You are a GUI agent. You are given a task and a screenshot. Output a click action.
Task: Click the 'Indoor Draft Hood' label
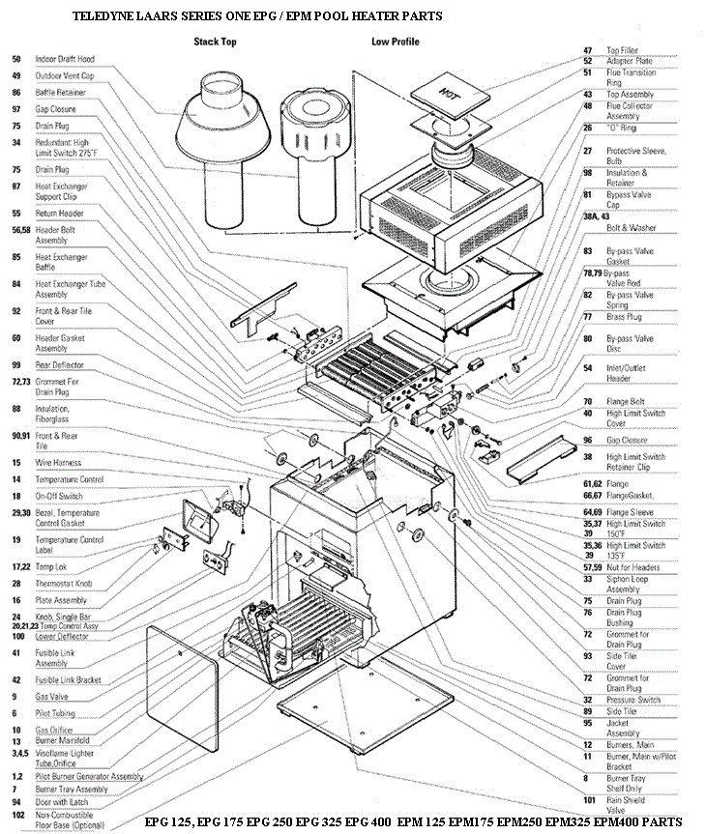(66, 59)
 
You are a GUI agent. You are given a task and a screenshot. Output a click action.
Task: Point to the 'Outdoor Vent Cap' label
(66, 75)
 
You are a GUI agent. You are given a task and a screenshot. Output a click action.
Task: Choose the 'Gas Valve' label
(50, 696)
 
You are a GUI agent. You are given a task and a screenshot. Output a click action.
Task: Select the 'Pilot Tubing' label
(54, 712)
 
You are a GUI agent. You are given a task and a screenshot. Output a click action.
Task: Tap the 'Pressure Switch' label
(633, 699)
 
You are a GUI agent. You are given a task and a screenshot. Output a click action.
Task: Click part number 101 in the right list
(587, 799)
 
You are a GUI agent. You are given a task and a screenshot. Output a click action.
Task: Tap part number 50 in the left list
(16, 59)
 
